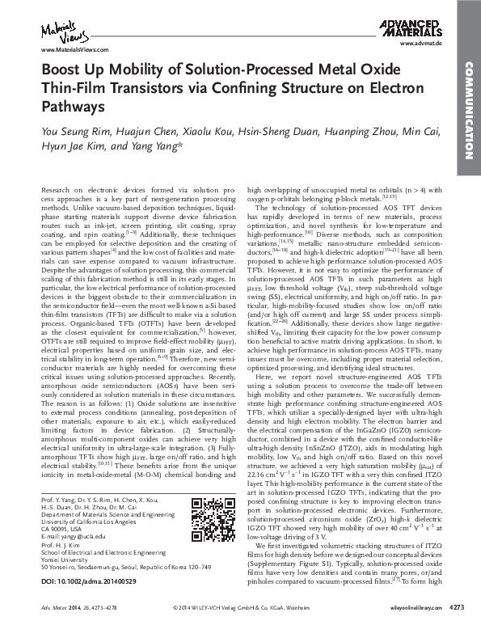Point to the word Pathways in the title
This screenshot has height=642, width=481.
(73, 106)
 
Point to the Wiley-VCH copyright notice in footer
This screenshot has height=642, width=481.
(242, 629)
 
